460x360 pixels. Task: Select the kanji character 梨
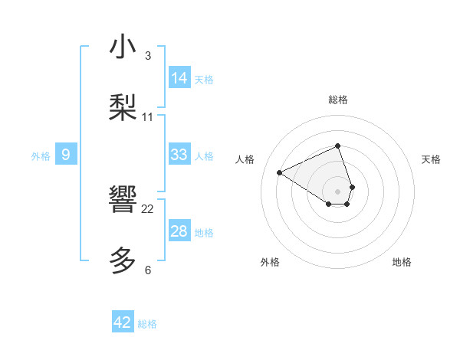[x=123, y=108]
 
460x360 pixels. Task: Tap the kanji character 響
[x=123, y=201]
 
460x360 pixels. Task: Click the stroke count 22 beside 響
[x=148, y=209]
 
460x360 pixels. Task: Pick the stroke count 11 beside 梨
[x=148, y=117]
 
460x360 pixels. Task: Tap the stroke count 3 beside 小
[x=148, y=56]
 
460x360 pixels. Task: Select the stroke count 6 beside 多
[x=148, y=270]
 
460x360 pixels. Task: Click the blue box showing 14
[x=179, y=77]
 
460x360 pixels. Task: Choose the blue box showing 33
[x=179, y=155]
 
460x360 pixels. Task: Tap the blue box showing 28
[x=179, y=231]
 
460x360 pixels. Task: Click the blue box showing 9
[x=66, y=155]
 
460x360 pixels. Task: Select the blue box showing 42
[x=123, y=322]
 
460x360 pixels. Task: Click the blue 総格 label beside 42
[x=147, y=324]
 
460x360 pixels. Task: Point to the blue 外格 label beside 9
[x=41, y=156]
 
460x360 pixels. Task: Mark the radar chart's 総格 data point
[x=337, y=146]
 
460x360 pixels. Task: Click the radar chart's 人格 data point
[x=280, y=172]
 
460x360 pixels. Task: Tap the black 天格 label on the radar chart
[x=431, y=159]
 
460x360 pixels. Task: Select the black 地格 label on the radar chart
[x=402, y=262]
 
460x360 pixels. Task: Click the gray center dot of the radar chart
[x=337, y=190]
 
